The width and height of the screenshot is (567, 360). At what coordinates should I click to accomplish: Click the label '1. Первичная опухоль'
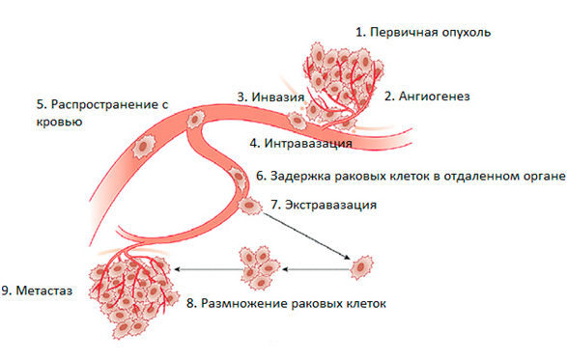coord(423,32)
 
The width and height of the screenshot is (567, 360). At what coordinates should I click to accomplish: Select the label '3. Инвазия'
coord(270,97)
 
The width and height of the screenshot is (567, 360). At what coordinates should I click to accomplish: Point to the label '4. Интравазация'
coord(299,144)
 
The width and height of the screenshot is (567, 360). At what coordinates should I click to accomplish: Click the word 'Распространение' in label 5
coord(97,103)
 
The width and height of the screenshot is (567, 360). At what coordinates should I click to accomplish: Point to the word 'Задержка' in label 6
coord(300,176)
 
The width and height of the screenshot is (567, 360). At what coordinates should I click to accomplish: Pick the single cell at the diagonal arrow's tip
coord(362,264)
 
